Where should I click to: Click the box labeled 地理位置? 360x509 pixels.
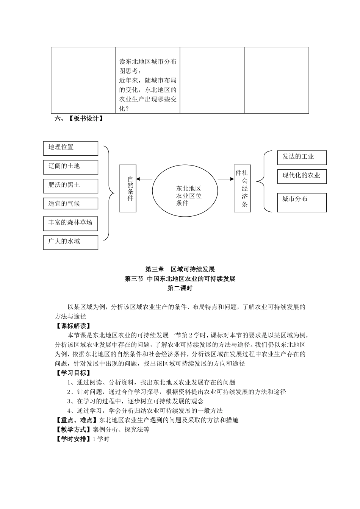(x=70, y=148)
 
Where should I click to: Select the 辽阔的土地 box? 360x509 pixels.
(x=70, y=167)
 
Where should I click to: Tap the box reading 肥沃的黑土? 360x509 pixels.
(x=70, y=186)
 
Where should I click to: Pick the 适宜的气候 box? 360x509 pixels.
(x=70, y=203)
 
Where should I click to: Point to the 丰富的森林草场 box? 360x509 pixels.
(x=70, y=223)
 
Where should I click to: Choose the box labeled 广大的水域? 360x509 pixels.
(x=70, y=242)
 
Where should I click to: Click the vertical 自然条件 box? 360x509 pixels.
(x=128, y=188)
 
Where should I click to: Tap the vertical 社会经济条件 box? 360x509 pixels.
(x=242, y=188)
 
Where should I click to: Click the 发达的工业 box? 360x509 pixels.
(x=302, y=157)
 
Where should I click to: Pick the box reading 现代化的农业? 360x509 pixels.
(x=302, y=176)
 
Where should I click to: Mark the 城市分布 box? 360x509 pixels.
(x=302, y=202)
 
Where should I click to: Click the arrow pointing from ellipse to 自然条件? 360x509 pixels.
(x=144, y=179)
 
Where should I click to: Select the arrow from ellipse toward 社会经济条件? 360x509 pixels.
(x=226, y=179)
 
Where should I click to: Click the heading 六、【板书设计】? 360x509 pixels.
(x=79, y=119)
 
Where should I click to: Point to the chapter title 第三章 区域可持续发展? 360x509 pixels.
(x=180, y=269)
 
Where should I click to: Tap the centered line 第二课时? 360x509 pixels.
(x=180, y=288)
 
